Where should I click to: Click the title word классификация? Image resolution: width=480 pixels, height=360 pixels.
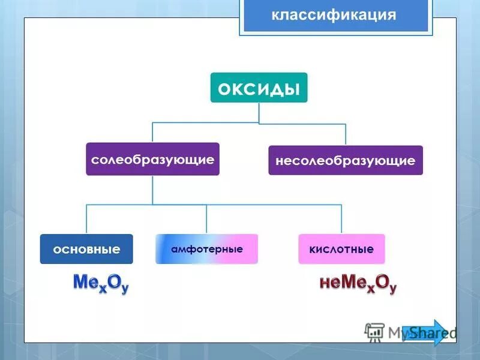pyautogui.click(x=334, y=16)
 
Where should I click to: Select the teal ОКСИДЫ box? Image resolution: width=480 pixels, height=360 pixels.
pyautogui.click(x=259, y=88)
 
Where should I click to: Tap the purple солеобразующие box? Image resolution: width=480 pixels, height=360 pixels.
pyautogui.click(x=152, y=159)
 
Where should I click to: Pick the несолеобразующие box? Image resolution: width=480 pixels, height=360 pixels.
pyautogui.click(x=345, y=160)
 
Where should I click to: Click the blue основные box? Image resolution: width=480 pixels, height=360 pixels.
pyautogui.click(x=86, y=249)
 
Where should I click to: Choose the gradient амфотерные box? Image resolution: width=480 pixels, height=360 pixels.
pyautogui.click(x=206, y=249)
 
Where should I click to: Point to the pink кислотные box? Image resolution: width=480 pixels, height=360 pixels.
pyautogui.click(x=341, y=249)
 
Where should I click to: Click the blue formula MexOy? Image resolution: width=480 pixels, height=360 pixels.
pyautogui.click(x=101, y=283)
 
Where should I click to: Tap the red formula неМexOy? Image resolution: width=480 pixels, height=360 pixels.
pyautogui.click(x=358, y=283)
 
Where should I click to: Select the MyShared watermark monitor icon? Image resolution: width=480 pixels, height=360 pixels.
pyautogui.click(x=374, y=332)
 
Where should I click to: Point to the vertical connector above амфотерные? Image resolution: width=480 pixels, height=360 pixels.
pyautogui.click(x=206, y=219)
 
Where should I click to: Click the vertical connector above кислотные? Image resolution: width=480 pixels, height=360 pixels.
pyautogui.click(x=341, y=219)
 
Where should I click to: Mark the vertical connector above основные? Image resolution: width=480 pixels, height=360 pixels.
pyautogui.click(x=86, y=219)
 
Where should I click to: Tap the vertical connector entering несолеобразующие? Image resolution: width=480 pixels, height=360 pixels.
pyautogui.click(x=346, y=134)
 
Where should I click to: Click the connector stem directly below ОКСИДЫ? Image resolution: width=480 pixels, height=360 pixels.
pyautogui.click(x=259, y=113)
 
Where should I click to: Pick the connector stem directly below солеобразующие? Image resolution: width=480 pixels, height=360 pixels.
pyautogui.click(x=152, y=190)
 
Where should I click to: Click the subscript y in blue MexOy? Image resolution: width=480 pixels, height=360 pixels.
pyautogui.click(x=124, y=289)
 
